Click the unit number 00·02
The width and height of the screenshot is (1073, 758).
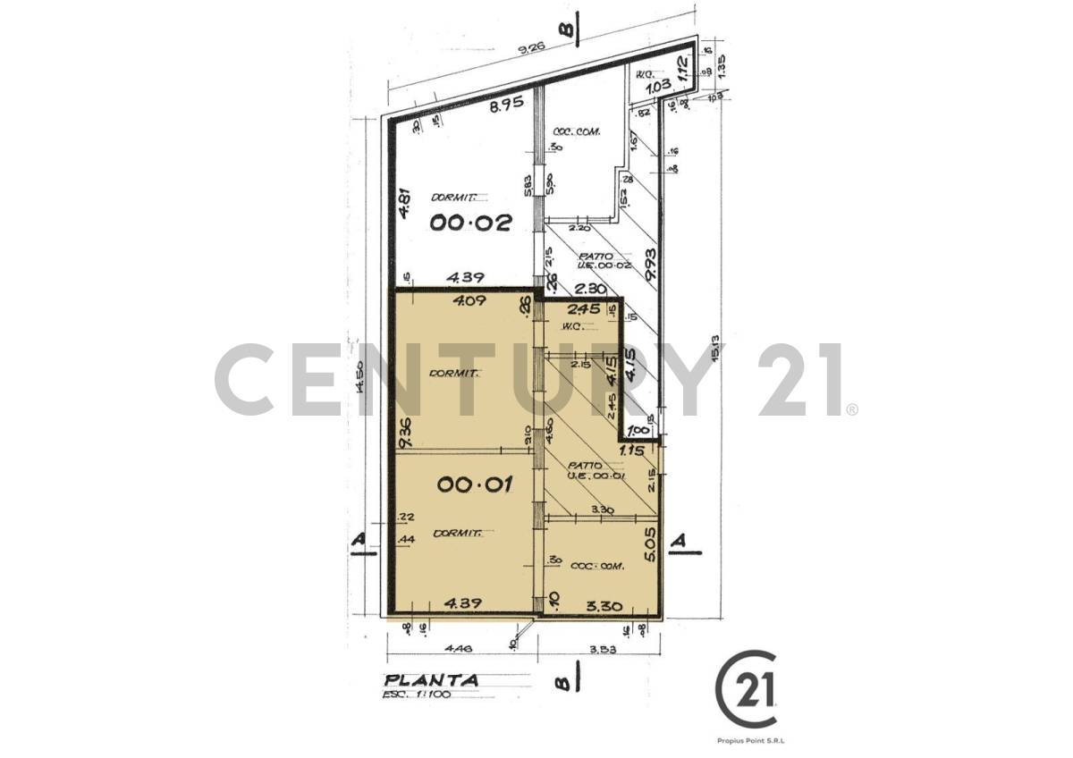(470, 223)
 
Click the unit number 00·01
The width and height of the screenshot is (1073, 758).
(473, 484)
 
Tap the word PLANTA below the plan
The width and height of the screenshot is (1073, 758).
(431, 679)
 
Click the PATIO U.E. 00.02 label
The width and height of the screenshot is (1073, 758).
(582, 260)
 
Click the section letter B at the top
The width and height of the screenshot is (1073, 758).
(565, 29)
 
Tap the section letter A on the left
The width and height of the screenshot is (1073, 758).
(359, 541)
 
